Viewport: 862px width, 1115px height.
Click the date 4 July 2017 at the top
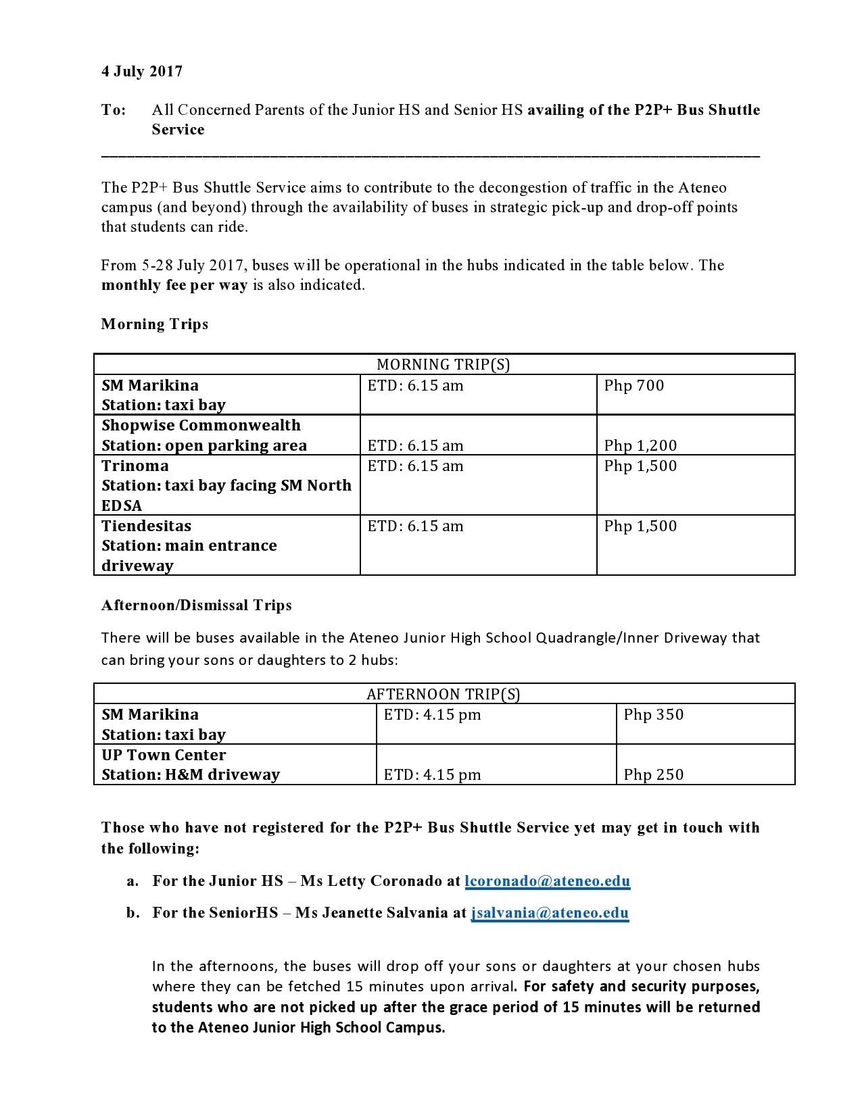click(x=142, y=72)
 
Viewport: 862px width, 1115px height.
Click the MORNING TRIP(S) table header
click(x=443, y=365)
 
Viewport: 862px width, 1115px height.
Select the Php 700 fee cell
click(x=633, y=386)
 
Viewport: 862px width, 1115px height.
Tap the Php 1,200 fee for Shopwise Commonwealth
click(x=640, y=446)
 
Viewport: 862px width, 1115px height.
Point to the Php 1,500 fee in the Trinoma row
click(x=640, y=466)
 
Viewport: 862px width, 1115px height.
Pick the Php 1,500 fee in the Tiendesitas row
click(x=640, y=526)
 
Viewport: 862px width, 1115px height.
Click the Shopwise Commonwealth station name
click(x=201, y=426)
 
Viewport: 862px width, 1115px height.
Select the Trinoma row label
click(x=135, y=466)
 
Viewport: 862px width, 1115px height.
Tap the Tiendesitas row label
click(x=146, y=526)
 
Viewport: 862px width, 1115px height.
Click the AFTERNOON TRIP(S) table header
click(x=443, y=695)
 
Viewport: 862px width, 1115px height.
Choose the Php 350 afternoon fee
click(x=653, y=715)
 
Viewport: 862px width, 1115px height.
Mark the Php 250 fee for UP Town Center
click(x=653, y=775)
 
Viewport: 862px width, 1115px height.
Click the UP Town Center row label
click(x=164, y=755)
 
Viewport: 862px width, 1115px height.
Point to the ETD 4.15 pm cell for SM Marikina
click(x=432, y=715)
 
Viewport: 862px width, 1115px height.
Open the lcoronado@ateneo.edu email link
click(x=548, y=881)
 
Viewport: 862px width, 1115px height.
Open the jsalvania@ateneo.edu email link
click(x=550, y=913)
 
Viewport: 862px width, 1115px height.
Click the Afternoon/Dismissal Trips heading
click(x=196, y=605)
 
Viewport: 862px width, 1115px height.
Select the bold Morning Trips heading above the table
click(x=155, y=324)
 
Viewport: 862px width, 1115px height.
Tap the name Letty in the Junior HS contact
click(x=346, y=881)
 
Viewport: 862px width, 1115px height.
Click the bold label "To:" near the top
click(x=114, y=110)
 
